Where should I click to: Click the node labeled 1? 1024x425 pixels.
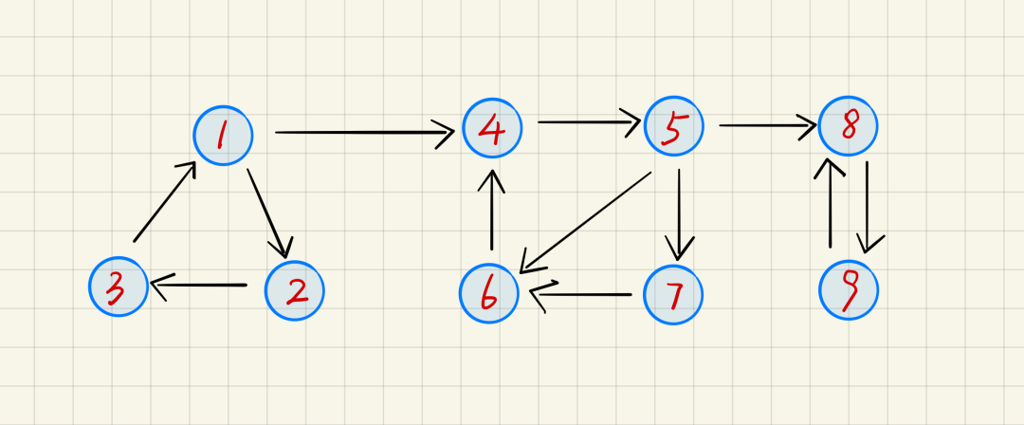[x=223, y=136]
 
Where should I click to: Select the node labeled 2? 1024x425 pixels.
[x=294, y=290]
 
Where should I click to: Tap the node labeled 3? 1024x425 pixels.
[x=119, y=286]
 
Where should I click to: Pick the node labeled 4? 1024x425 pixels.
[x=492, y=128]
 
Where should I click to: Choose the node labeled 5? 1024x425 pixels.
[x=673, y=126]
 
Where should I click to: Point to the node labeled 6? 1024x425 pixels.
[x=489, y=293]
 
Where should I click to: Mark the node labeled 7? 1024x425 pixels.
[x=673, y=294]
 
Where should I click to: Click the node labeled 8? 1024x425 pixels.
[x=849, y=126]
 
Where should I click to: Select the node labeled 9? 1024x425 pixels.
[x=849, y=290]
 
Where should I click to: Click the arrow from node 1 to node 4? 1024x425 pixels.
[x=364, y=133]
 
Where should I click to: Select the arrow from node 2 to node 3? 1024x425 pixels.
[x=198, y=285]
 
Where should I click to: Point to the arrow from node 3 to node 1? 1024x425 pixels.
[x=164, y=202]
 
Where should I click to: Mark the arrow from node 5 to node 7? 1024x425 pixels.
[x=679, y=213]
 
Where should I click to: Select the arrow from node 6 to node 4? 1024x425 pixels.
[x=491, y=211]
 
